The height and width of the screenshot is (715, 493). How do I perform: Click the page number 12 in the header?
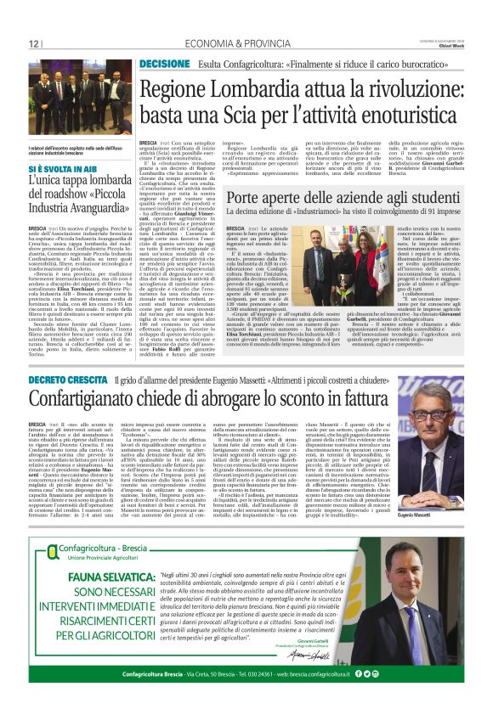coord(33,43)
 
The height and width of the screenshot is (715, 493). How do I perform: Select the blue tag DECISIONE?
coord(164,64)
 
